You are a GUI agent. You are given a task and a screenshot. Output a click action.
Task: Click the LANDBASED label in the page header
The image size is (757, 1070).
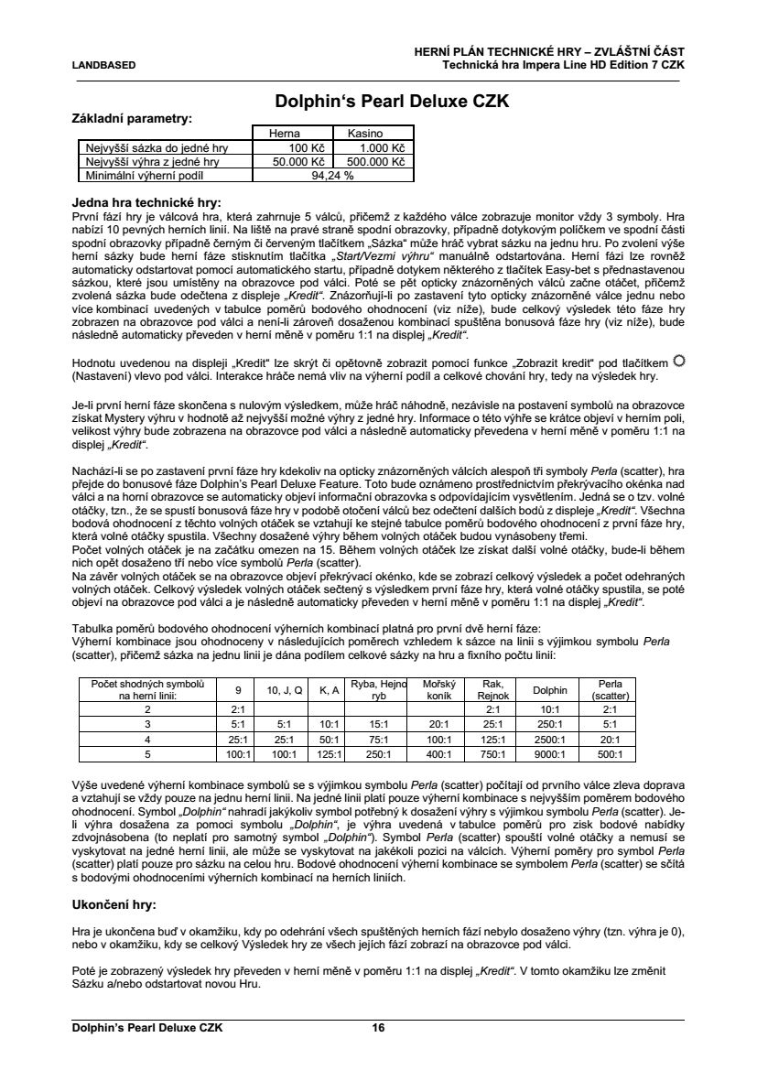(103, 65)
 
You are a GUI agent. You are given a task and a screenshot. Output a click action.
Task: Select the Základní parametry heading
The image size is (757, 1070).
(132, 119)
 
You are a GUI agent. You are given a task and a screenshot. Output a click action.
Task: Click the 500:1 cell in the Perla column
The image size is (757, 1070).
(609, 754)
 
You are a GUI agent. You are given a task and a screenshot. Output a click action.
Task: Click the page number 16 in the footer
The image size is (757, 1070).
(378, 1028)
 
